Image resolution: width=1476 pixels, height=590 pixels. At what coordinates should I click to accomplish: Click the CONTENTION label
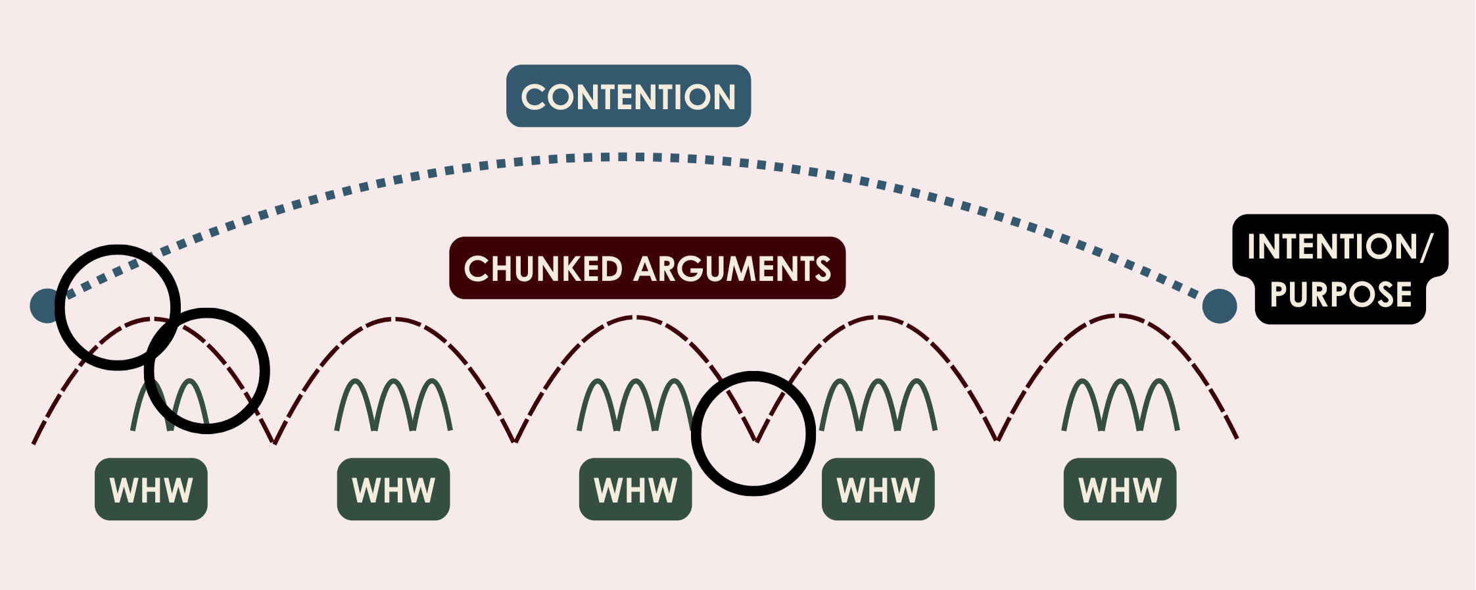click(628, 97)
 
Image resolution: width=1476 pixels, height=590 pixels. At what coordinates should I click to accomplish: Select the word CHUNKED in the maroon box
click(542, 269)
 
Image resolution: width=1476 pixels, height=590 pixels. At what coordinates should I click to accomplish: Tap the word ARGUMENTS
click(732, 269)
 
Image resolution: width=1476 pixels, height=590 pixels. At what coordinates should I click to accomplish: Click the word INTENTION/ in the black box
click(1339, 247)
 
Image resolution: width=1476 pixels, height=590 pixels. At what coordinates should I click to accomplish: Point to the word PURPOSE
click(1341, 294)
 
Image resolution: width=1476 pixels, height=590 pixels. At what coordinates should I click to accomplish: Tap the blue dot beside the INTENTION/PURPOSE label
click(1220, 306)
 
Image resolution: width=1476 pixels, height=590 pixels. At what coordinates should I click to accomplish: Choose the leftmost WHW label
click(151, 490)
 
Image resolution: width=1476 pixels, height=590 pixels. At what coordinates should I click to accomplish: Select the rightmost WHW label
click(1120, 490)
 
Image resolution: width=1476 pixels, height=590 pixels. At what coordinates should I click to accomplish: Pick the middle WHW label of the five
click(635, 490)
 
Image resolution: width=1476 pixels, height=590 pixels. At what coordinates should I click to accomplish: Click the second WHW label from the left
click(393, 490)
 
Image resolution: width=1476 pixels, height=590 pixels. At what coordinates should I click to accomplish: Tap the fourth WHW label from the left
click(878, 490)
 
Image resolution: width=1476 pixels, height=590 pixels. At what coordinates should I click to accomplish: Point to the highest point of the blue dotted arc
click(621, 157)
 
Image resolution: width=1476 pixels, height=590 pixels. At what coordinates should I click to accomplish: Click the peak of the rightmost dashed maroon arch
click(1118, 316)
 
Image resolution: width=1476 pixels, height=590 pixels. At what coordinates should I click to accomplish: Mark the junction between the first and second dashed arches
click(274, 442)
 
